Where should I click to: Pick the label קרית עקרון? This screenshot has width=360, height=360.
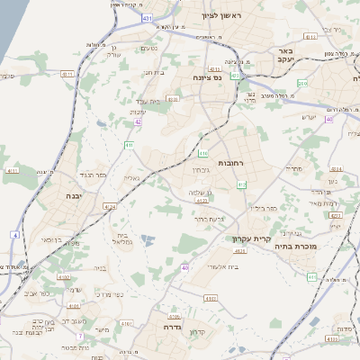coord(257,238)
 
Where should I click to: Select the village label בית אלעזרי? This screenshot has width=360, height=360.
coord(220,266)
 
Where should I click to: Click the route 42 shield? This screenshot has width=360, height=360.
coord(138,121)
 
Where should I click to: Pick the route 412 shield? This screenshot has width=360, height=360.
coord(241,184)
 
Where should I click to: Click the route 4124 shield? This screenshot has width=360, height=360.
coord(110,207)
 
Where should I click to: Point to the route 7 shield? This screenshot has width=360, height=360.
coord(79,336)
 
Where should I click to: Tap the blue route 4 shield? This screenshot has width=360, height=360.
coord(14,235)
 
